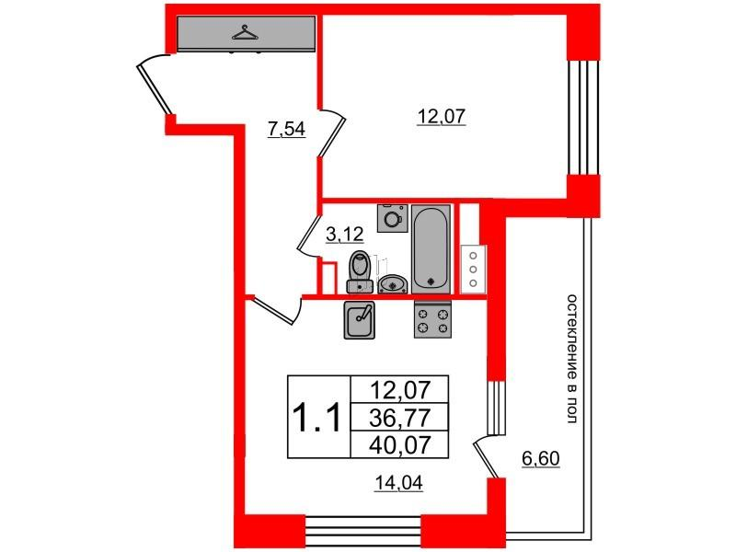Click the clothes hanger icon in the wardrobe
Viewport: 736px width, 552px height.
[245, 32]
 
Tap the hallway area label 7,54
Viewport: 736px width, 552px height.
[286, 129]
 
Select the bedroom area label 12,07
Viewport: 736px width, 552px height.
[442, 116]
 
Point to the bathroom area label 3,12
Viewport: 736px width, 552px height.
[345, 234]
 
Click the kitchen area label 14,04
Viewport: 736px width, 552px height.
[398, 482]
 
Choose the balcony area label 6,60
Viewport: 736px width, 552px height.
[541, 458]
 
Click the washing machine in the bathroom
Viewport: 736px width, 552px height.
[393, 218]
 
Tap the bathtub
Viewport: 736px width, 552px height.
[431, 248]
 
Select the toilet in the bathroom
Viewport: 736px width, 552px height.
[360, 272]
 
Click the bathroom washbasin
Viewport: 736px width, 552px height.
[393, 284]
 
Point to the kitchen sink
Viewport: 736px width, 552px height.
[360, 319]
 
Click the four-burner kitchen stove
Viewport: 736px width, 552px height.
[432, 319]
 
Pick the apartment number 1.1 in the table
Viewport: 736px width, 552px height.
[316, 418]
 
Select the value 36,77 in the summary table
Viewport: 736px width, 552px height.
[400, 418]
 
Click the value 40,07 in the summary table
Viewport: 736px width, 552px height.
[400, 444]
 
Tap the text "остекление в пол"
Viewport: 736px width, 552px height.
[571, 359]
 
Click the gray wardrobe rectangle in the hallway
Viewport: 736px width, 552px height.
[246, 33]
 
